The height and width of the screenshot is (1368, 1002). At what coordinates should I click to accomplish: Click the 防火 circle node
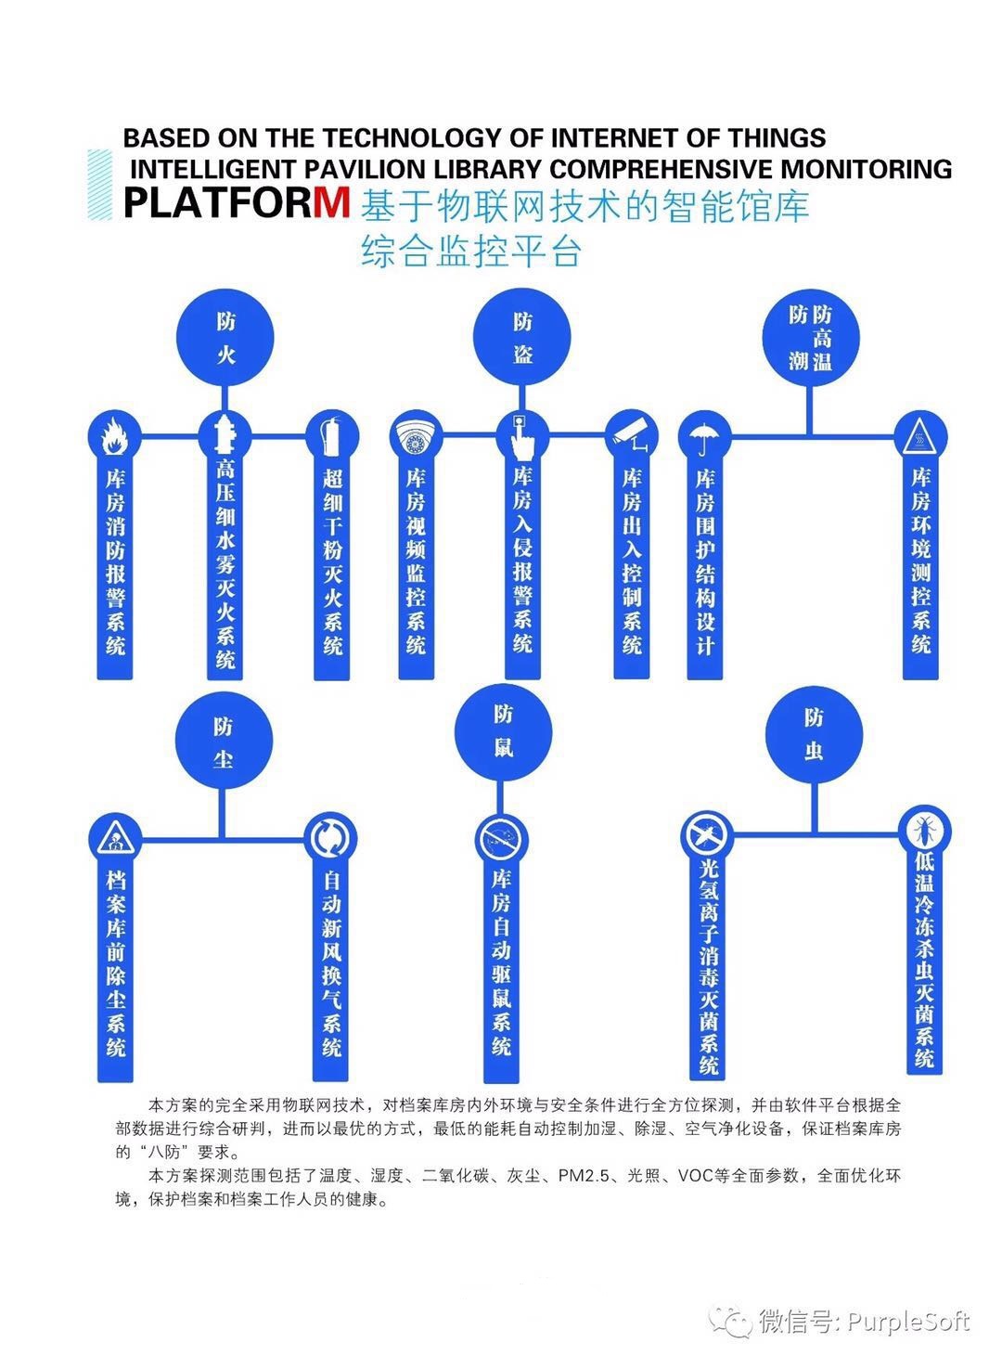226,338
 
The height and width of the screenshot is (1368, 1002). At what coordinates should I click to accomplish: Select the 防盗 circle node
522,338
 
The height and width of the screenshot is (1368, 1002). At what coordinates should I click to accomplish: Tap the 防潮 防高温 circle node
811,338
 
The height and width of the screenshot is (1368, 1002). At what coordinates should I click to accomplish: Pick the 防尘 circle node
224,741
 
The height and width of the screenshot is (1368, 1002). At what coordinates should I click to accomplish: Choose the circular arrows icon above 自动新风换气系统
331,838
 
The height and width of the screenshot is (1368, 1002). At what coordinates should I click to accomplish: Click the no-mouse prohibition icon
503,840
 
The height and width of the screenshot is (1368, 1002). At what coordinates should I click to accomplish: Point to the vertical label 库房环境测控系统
921,561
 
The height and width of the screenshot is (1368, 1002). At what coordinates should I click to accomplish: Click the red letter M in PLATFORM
331,202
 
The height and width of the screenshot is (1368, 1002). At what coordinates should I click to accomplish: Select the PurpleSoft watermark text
909,1321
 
